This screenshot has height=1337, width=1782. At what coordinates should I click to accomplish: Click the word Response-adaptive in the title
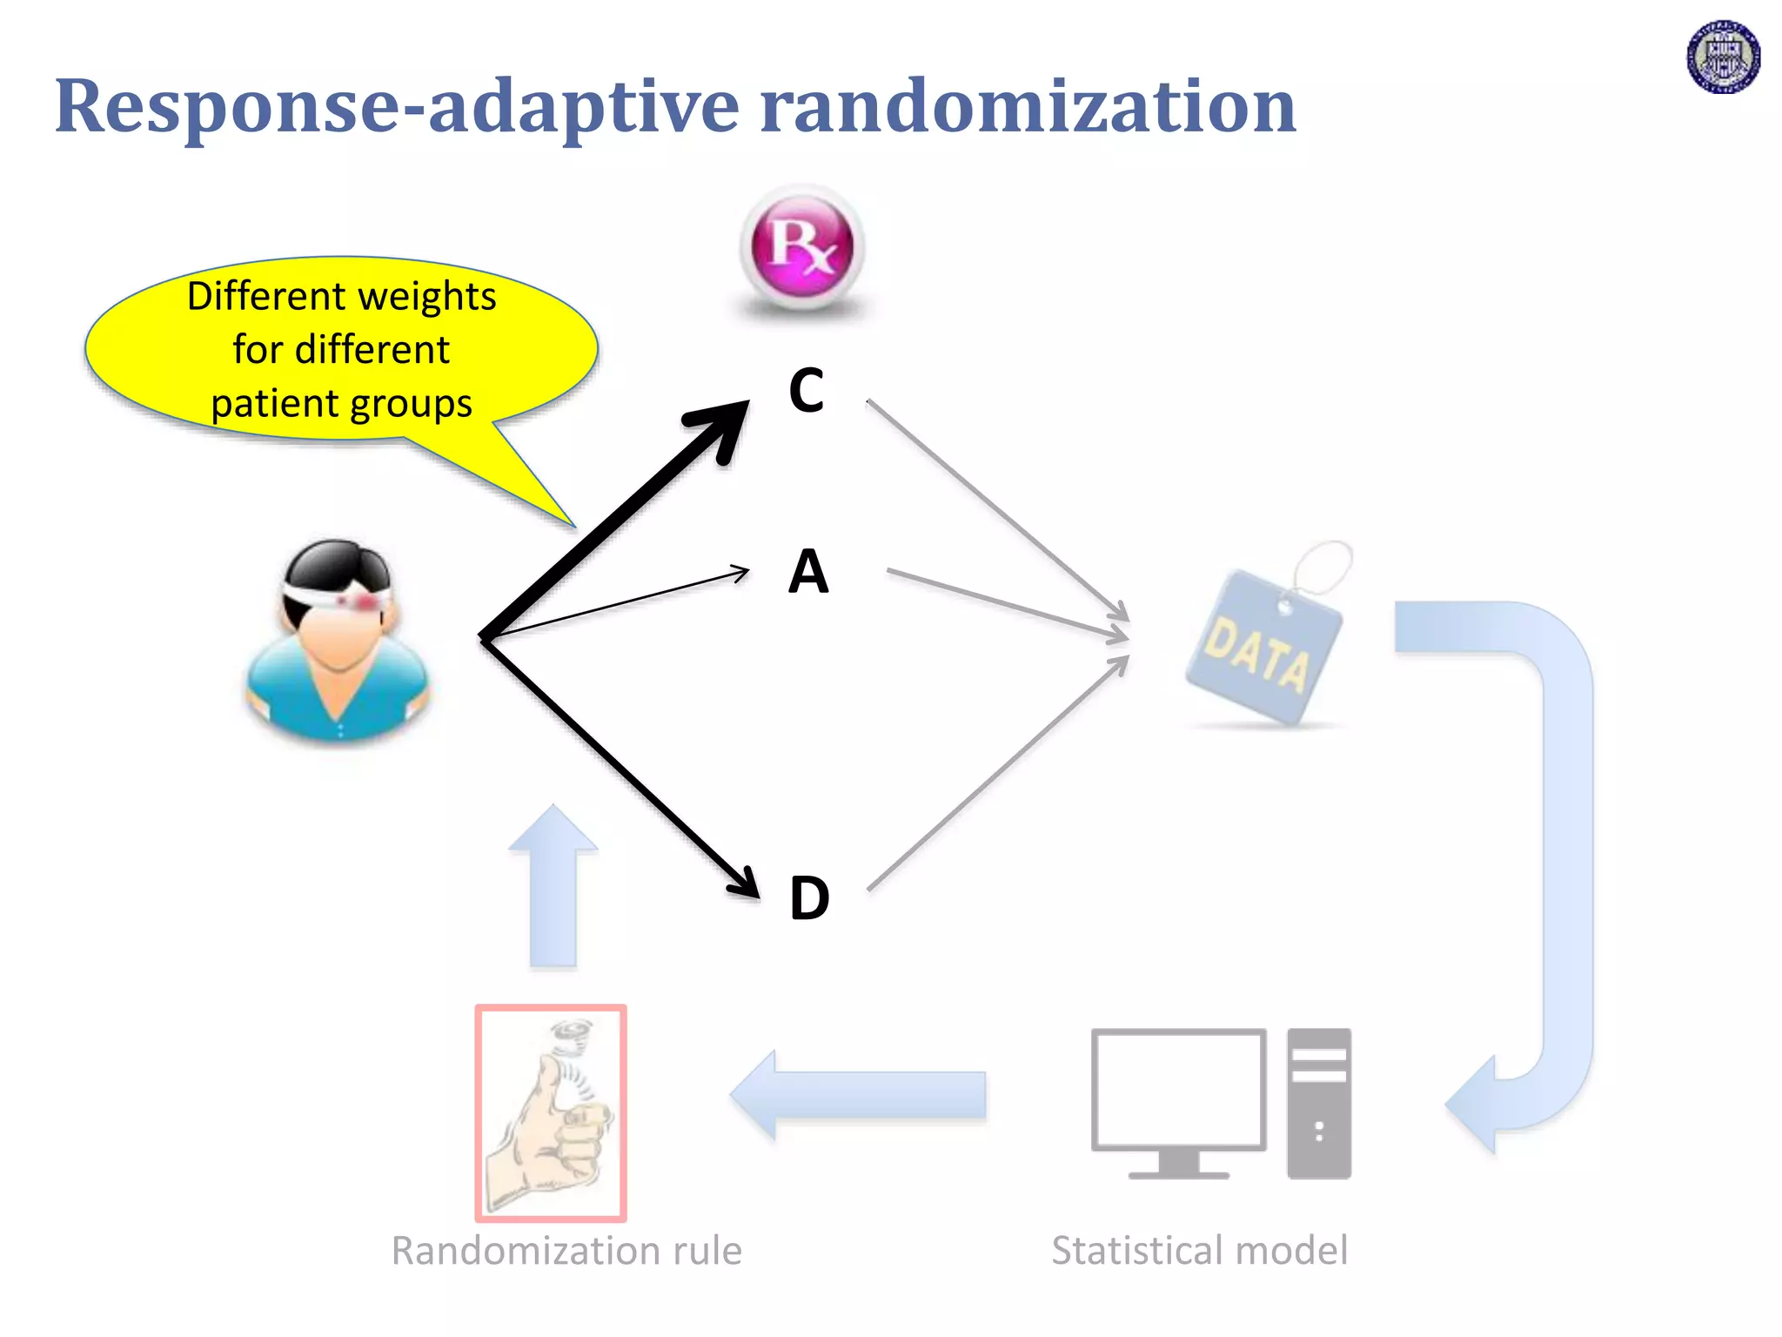click(x=397, y=106)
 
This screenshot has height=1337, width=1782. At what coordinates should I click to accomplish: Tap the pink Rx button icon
click(x=802, y=247)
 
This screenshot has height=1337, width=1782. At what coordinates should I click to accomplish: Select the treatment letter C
click(x=807, y=391)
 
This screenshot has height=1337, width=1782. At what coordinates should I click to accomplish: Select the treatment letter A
click(x=808, y=572)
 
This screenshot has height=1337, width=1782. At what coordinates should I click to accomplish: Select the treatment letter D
click(x=809, y=897)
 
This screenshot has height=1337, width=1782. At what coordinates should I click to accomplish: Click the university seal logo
click(x=1723, y=57)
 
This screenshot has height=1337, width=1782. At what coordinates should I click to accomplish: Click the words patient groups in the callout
click(x=341, y=404)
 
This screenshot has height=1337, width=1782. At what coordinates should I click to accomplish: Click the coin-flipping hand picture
click(x=551, y=1113)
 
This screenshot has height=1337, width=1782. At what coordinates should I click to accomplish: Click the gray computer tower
click(x=1319, y=1103)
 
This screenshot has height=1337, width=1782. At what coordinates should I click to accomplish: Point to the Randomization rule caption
click(x=566, y=1250)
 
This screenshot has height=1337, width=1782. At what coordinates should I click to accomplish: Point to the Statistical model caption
click(x=1199, y=1250)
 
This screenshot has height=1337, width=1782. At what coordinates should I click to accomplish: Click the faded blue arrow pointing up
click(x=553, y=888)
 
